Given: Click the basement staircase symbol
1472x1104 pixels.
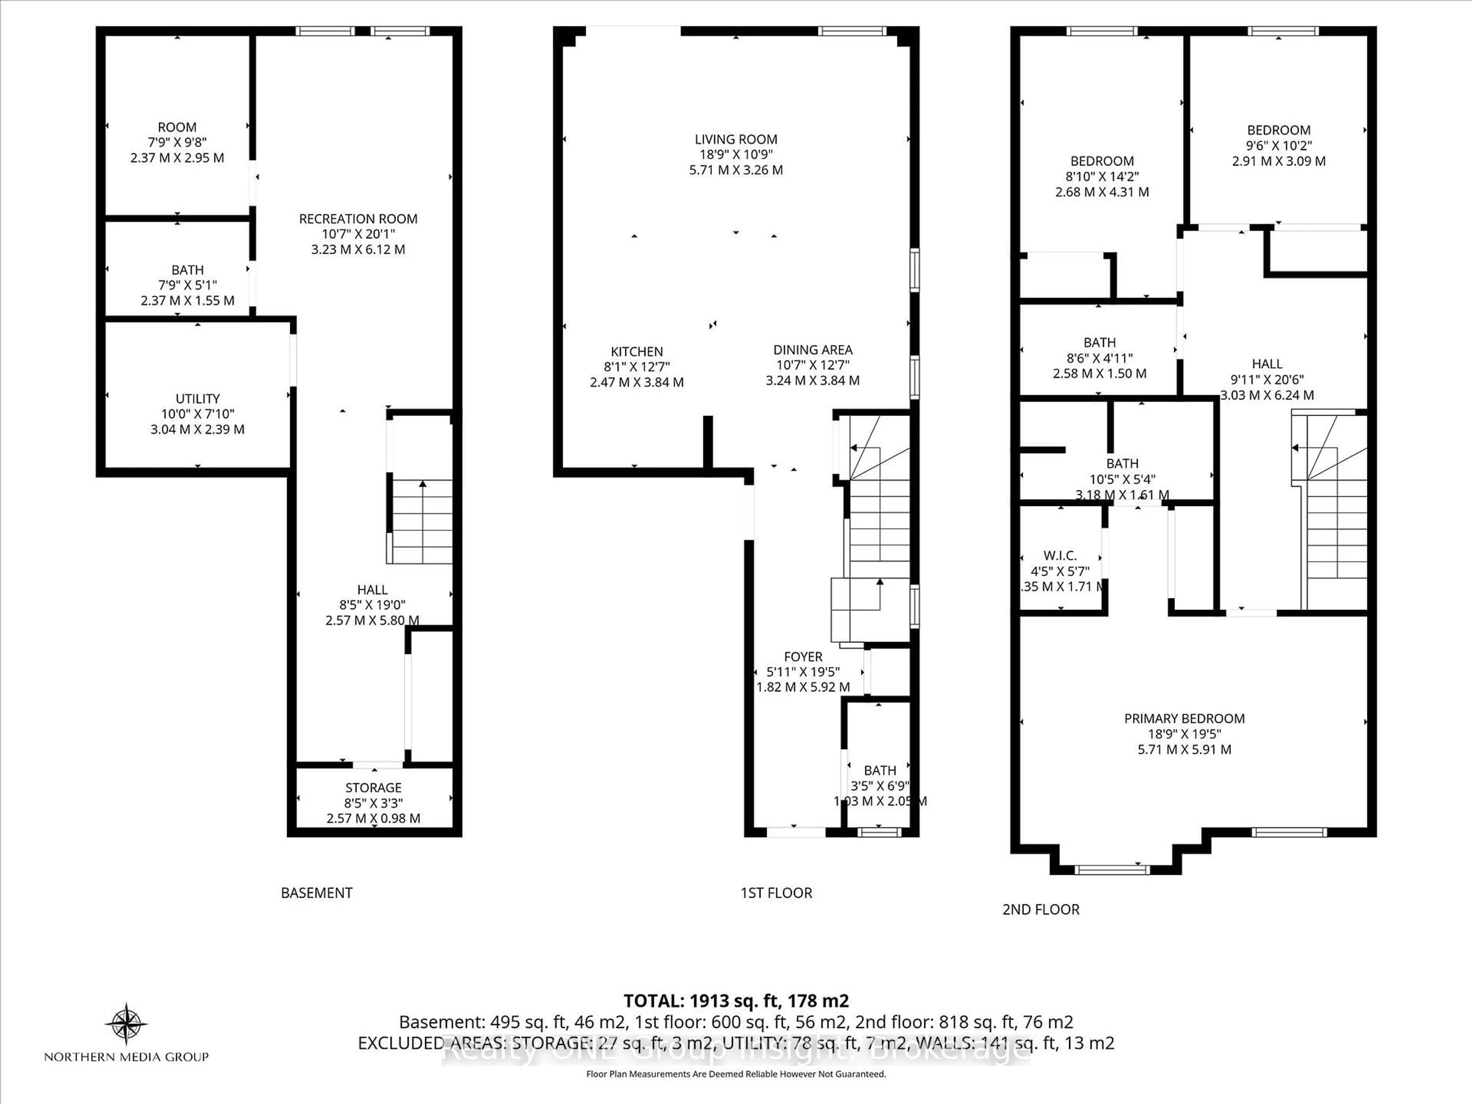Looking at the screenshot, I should (421, 522).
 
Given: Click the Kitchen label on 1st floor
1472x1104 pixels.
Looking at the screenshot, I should (637, 352).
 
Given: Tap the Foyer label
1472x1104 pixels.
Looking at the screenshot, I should (803, 657).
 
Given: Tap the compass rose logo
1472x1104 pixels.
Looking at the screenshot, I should (126, 1023).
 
